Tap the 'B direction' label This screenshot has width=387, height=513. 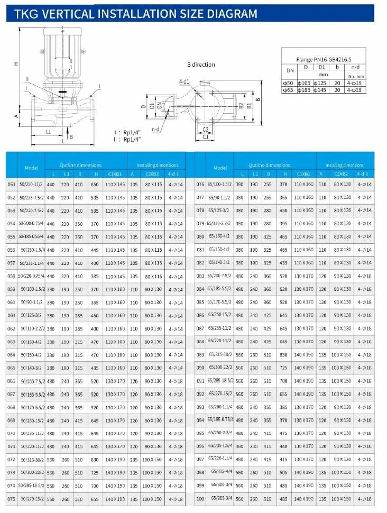tap(201, 65)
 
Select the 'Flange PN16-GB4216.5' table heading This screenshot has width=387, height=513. tap(321, 60)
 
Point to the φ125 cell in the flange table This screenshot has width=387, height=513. tap(320, 83)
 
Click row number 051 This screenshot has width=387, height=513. tap(11, 184)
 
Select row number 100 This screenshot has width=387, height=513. tap(200, 499)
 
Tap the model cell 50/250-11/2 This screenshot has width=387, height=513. tap(31, 184)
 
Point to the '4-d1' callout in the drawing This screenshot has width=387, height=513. tap(184, 81)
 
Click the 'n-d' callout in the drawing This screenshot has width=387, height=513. tap(156, 129)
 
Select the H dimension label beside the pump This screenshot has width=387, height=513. tap(16, 63)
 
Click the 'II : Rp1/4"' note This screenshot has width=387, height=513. tap(126, 139)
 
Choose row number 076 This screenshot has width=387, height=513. tap(200, 184)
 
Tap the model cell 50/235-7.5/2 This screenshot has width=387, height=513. tap(31, 197)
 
